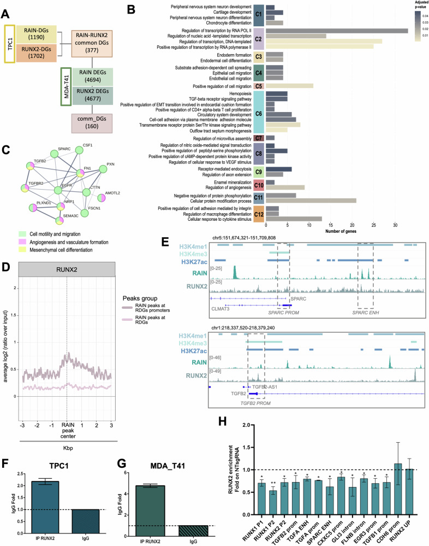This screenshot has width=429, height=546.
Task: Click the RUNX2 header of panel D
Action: (66, 269)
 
